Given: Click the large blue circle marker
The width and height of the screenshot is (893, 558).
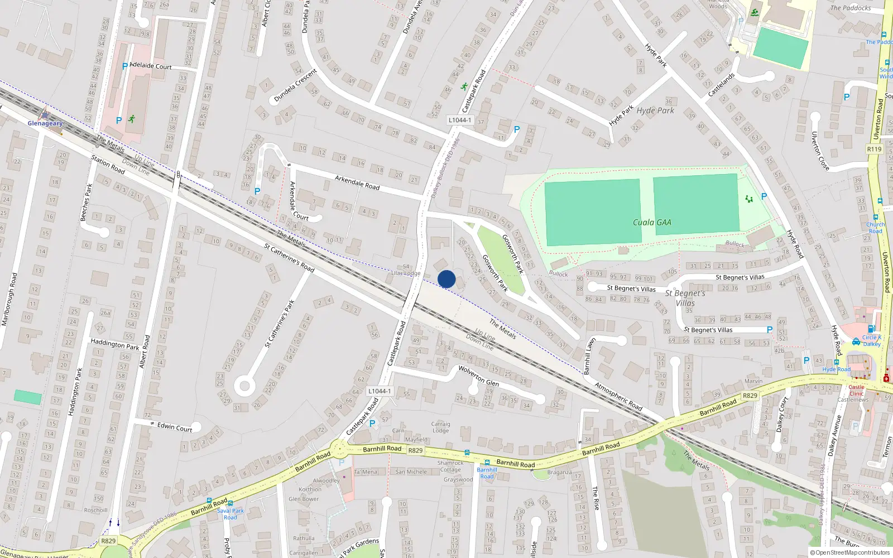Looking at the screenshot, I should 446,279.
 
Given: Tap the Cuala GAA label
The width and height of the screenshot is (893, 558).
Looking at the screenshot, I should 652,222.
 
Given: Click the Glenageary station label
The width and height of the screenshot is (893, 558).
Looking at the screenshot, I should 45,123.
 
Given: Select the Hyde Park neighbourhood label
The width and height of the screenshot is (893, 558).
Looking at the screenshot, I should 655,110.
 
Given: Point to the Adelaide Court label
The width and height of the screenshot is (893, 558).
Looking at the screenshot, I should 151,66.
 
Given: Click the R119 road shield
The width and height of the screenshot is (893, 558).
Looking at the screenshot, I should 874,149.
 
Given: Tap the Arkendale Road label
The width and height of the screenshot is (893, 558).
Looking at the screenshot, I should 357,182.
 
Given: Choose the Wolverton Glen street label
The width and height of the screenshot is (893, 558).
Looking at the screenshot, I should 478,376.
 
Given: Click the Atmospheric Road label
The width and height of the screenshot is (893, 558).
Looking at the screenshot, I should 618,396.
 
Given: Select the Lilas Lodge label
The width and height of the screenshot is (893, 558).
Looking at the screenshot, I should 406,273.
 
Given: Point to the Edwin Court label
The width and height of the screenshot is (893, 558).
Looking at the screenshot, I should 175,427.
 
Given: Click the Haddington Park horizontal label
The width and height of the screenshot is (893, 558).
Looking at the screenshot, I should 115,344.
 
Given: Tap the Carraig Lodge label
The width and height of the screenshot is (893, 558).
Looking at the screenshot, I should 440,427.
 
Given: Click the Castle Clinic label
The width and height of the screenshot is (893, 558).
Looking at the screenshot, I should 856,390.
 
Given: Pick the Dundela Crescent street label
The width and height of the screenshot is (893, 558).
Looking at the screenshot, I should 295,85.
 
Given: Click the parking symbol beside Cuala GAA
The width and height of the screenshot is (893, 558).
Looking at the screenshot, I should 764,196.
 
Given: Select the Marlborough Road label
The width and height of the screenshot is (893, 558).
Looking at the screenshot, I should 9,299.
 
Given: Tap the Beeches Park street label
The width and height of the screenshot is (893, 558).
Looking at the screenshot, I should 86,202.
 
